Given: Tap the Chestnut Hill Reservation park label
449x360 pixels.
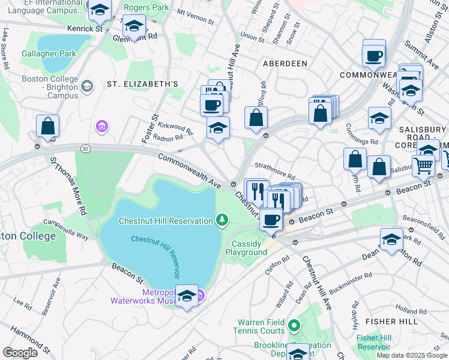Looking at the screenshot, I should [166, 221].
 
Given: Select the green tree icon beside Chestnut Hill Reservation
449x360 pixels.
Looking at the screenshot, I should [222, 220].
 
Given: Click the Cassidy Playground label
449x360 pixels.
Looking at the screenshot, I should [246, 248].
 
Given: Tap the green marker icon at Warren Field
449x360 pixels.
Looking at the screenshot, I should [294, 326].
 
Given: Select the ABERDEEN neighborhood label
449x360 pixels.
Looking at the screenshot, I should [284, 63].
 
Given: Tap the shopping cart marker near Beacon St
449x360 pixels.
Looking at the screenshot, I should [424, 164].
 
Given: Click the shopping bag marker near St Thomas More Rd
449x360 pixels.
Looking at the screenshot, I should [47, 126].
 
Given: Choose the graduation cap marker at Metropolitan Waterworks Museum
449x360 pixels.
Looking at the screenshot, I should [187, 296].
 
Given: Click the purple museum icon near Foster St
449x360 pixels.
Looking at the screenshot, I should [101, 127].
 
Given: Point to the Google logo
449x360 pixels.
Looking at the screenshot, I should [20, 353].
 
